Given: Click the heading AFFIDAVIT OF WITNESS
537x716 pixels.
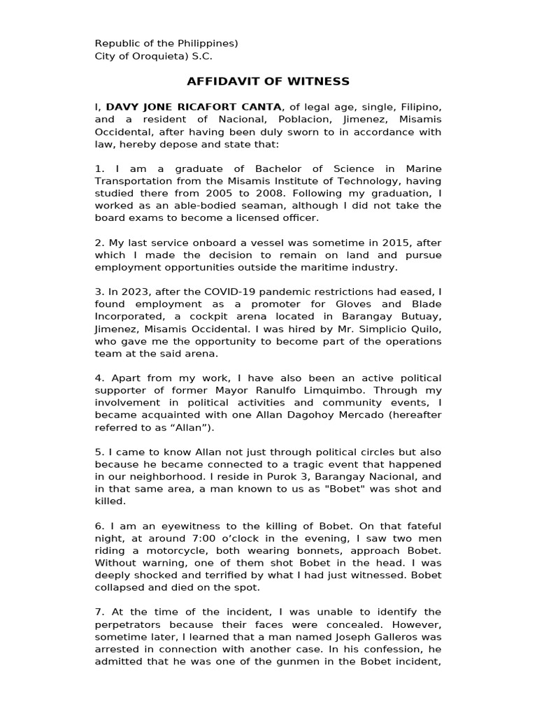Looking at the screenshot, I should pos(268,82).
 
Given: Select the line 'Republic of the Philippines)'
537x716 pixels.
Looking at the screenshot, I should pos(166,43).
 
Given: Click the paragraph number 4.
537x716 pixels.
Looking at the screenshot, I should pos(99,378).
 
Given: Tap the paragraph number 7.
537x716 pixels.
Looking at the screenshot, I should pos(99,613).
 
